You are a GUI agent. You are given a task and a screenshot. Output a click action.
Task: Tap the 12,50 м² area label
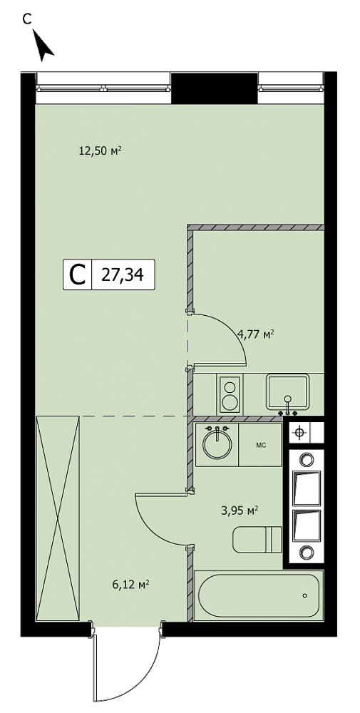tap(101, 151)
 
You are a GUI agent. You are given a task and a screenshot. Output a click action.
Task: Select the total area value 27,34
tap(123, 275)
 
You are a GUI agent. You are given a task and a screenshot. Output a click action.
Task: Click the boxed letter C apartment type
tap(78, 275)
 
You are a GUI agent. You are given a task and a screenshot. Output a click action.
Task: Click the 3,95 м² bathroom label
tap(240, 511)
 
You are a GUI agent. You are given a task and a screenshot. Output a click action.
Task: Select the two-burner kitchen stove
tap(230, 394)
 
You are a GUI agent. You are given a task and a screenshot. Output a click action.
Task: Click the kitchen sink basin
tap(287, 391)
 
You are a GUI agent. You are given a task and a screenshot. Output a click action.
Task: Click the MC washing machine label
tap(260, 445)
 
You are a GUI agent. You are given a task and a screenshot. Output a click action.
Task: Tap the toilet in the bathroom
tap(257, 539)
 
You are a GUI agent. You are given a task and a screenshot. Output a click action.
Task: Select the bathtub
tap(258, 595)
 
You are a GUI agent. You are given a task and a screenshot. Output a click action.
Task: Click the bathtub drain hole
tap(304, 595)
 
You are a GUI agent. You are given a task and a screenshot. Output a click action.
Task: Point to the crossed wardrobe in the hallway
tap(58, 518)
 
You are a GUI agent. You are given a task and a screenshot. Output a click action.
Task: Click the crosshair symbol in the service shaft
tap(299, 433)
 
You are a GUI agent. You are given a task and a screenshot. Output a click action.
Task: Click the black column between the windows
tap(214, 88)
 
